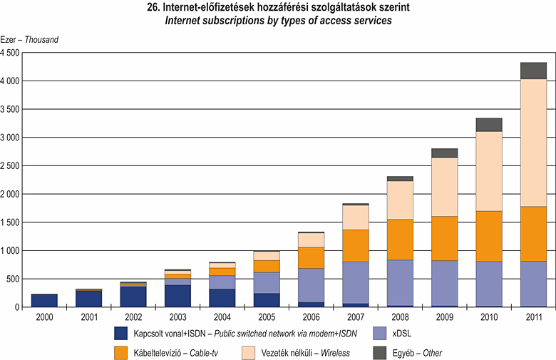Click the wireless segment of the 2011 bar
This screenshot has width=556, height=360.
533,143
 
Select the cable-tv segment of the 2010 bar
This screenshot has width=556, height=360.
489,236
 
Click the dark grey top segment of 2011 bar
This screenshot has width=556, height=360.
533,71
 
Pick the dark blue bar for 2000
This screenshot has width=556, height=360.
44,300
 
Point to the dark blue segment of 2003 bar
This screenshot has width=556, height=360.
177,295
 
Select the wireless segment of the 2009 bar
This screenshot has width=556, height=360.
444,187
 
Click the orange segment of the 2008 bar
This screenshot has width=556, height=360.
400,240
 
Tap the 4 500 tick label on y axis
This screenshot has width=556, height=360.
11,53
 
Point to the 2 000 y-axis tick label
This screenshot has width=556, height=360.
11,194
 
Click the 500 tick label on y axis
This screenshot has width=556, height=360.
14,279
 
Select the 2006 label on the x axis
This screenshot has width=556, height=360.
311,317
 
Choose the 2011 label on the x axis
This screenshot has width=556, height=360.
533,317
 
